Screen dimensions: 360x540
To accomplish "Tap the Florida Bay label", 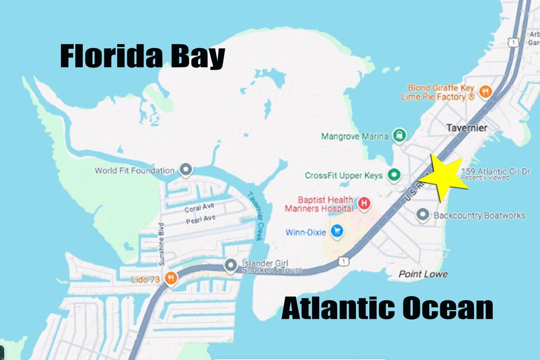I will [x=142, y=56].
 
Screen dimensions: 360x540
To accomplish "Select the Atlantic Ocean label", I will [x=387, y=308].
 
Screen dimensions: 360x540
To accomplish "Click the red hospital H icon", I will [x=363, y=202].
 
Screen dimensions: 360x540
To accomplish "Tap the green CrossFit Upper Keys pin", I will [x=393, y=174].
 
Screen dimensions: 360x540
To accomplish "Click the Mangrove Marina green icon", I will [x=399, y=135].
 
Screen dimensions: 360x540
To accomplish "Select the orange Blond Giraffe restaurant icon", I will [x=486, y=92].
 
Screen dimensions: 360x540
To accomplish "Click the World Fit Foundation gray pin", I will [x=185, y=170].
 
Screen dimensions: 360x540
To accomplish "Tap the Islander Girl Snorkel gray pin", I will [x=230, y=266].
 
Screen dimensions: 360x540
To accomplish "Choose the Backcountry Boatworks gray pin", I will [x=422, y=215].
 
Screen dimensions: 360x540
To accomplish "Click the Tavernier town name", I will [x=466, y=128].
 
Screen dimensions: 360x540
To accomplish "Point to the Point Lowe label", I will [x=423, y=274].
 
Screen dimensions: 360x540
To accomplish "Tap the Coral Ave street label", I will [x=200, y=208].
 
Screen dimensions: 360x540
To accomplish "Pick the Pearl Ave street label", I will [x=201, y=220].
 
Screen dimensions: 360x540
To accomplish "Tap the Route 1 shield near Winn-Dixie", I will [x=343, y=260].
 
